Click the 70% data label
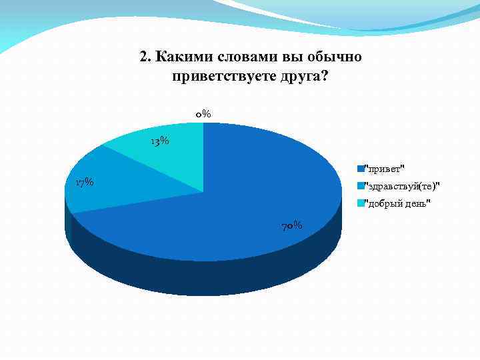[292, 226]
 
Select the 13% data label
[159, 141]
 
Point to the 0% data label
[203, 114]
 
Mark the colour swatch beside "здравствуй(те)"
[359, 185]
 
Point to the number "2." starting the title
[146, 57]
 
